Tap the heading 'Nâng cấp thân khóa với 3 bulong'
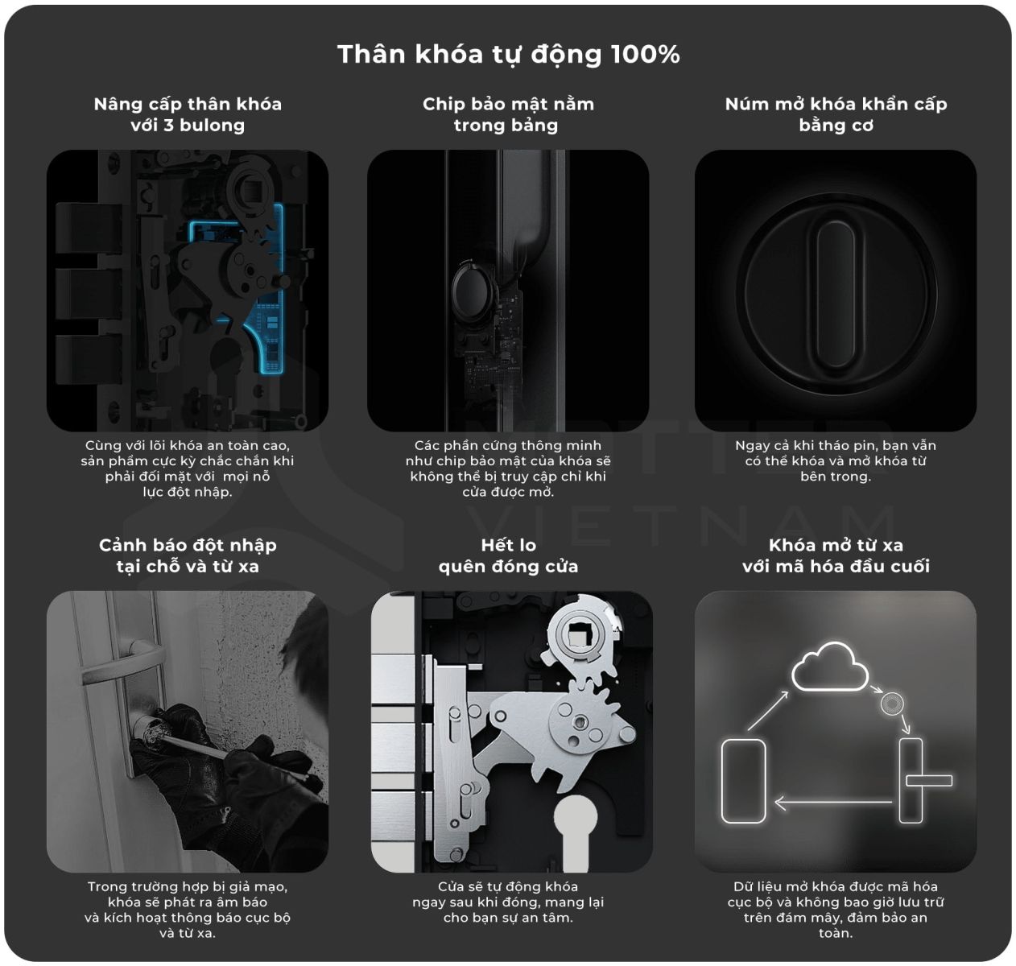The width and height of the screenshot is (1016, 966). (x=188, y=115)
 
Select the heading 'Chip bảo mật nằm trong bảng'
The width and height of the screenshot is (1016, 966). (x=508, y=115)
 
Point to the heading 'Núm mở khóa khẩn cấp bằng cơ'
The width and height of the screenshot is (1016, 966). (x=836, y=115)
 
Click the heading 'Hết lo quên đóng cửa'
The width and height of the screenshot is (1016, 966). (x=508, y=555)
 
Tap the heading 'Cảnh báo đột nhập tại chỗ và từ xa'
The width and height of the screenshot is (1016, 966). (x=188, y=555)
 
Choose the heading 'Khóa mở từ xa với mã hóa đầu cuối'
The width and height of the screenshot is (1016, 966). (x=836, y=555)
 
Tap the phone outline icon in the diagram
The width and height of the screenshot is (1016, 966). (x=743, y=781)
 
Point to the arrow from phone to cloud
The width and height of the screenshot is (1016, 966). (x=768, y=710)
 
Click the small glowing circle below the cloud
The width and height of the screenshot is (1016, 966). (x=891, y=704)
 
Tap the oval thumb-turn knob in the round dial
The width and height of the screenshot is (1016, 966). (x=836, y=294)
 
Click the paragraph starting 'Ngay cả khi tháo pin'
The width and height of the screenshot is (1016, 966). (x=836, y=460)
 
